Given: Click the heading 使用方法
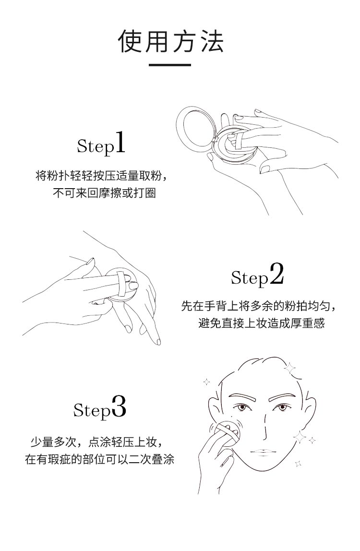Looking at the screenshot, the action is (x=171, y=41).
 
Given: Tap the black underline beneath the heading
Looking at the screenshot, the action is (x=170, y=65).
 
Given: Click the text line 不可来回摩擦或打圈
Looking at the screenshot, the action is (x=105, y=193).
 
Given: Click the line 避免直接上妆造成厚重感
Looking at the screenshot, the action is (x=261, y=323).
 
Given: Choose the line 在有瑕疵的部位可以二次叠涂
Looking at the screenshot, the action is (x=99, y=459).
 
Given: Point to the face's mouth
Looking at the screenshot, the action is (x=261, y=452).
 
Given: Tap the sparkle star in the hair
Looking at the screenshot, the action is (x=290, y=368).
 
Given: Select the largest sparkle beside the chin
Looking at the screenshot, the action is (x=300, y=437).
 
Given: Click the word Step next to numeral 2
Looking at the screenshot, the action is (x=250, y=278).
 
